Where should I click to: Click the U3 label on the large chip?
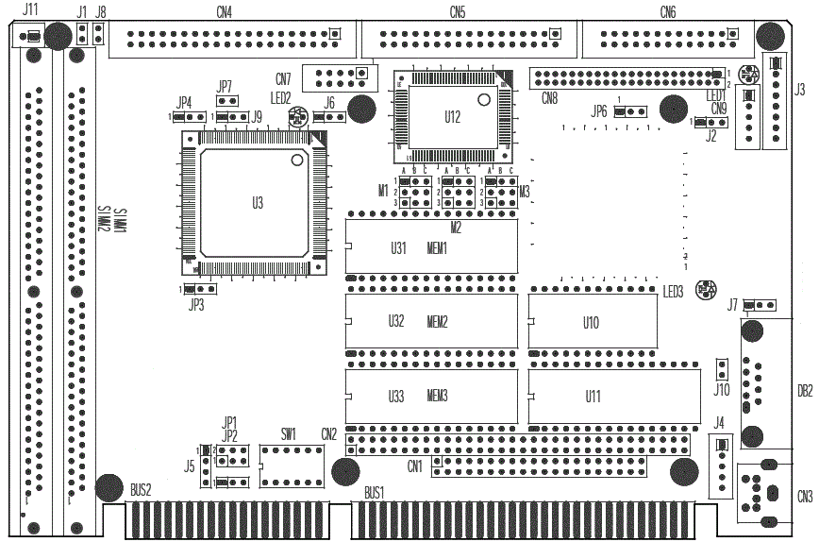(x=258, y=203)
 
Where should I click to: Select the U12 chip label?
(x=452, y=117)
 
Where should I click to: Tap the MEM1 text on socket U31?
(x=437, y=248)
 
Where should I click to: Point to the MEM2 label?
(x=437, y=322)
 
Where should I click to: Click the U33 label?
(x=396, y=396)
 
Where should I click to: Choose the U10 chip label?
(x=591, y=322)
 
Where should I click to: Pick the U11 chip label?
(x=593, y=396)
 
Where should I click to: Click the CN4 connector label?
(x=225, y=12)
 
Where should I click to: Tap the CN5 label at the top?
(x=458, y=12)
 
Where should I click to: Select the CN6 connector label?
(x=668, y=12)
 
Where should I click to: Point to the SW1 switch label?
(x=289, y=433)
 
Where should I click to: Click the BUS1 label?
(x=375, y=493)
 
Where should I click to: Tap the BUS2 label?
(x=141, y=489)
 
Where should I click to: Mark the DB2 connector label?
(x=805, y=390)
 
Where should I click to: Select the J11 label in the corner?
(x=30, y=9)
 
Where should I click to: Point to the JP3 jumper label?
(x=196, y=304)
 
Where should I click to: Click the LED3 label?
(x=673, y=291)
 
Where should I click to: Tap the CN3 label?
(x=804, y=497)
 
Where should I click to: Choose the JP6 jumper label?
(x=599, y=111)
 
